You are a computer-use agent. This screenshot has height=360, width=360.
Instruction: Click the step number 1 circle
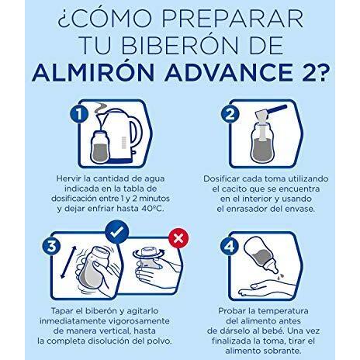point(79,114)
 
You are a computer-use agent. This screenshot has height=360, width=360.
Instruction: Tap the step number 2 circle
point(230,114)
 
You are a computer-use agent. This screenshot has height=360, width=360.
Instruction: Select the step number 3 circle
point(51,246)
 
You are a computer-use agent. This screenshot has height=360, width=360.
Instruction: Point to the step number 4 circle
point(230,246)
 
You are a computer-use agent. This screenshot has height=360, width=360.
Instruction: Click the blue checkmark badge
point(117,232)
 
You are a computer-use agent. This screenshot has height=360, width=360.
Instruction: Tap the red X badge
point(178,238)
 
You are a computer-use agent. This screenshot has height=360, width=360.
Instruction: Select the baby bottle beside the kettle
point(100,148)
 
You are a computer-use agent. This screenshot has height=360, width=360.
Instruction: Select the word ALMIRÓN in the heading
point(93,72)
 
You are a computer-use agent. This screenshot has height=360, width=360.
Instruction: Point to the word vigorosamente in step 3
point(139,321)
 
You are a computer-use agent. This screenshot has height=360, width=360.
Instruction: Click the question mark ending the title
point(320,72)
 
